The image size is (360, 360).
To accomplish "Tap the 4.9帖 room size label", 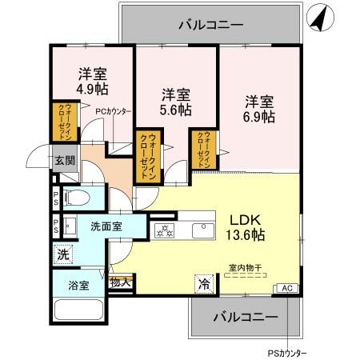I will click(80, 87).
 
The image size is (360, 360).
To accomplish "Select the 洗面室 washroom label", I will click(106, 226).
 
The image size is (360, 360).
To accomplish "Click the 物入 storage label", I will click(121, 282).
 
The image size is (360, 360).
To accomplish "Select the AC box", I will click(285, 287).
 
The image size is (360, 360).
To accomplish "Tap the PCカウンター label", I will click(113, 111).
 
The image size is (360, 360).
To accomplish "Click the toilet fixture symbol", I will click(77, 198).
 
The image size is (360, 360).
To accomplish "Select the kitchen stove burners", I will click(166, 231).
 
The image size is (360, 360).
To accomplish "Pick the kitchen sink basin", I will click(201, 231).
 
